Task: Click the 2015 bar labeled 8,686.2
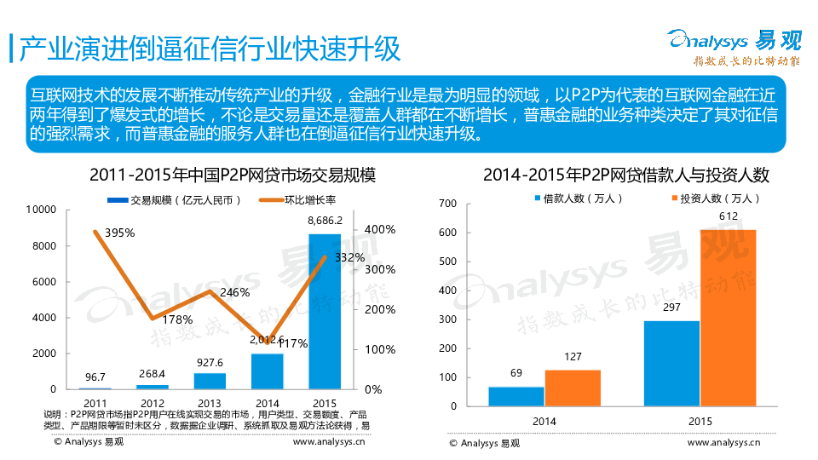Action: click(x=325, y=312)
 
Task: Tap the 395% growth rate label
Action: click(x=120, y=233)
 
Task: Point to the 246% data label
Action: click(x=234, y=293)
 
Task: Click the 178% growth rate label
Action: click(x=176, y=320)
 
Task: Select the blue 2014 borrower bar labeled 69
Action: click(x=516, y=396)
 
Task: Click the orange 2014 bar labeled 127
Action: click(x=573, y=388)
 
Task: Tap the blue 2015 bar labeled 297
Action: click(x=671, y=363)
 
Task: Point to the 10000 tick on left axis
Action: click(x=42, y=210)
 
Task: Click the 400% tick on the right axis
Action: click(x=379, y=230)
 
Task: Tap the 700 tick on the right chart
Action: click(x=447, y=203)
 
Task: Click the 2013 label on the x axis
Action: click(x=209, y=402)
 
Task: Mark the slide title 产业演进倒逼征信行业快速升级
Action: click(x=210, y=49)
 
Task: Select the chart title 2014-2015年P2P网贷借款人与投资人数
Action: click(x=625, y=175)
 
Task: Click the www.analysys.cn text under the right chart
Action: click(x=723, y=442)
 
